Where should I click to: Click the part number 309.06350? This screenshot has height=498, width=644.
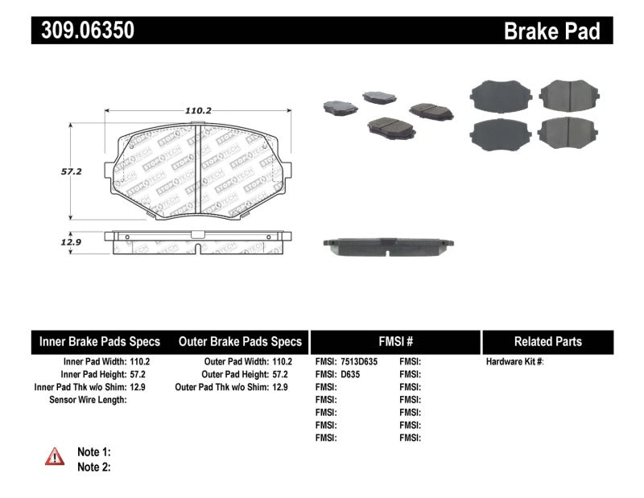[x=83, y=31]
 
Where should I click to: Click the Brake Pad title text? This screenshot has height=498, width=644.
[x=551, y=31]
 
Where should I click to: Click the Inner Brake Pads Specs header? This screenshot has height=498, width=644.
[x=100, y=341]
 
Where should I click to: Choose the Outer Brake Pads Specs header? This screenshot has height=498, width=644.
[x=239, y=341]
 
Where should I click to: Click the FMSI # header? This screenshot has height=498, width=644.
[x=394, y=341]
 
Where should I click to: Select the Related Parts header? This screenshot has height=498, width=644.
[x=547, y=341]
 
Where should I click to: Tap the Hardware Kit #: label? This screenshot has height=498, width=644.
[x=514, y=362]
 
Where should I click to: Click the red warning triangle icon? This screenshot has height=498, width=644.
[x=55, y=457]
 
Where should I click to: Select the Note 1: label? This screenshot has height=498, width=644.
[x=93, y=452]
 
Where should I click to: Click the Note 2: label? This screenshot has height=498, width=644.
[x=93, y=467]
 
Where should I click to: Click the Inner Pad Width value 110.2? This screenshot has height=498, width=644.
[x=139, y=362]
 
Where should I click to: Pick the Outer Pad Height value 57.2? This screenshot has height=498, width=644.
[x=279, y=374]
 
